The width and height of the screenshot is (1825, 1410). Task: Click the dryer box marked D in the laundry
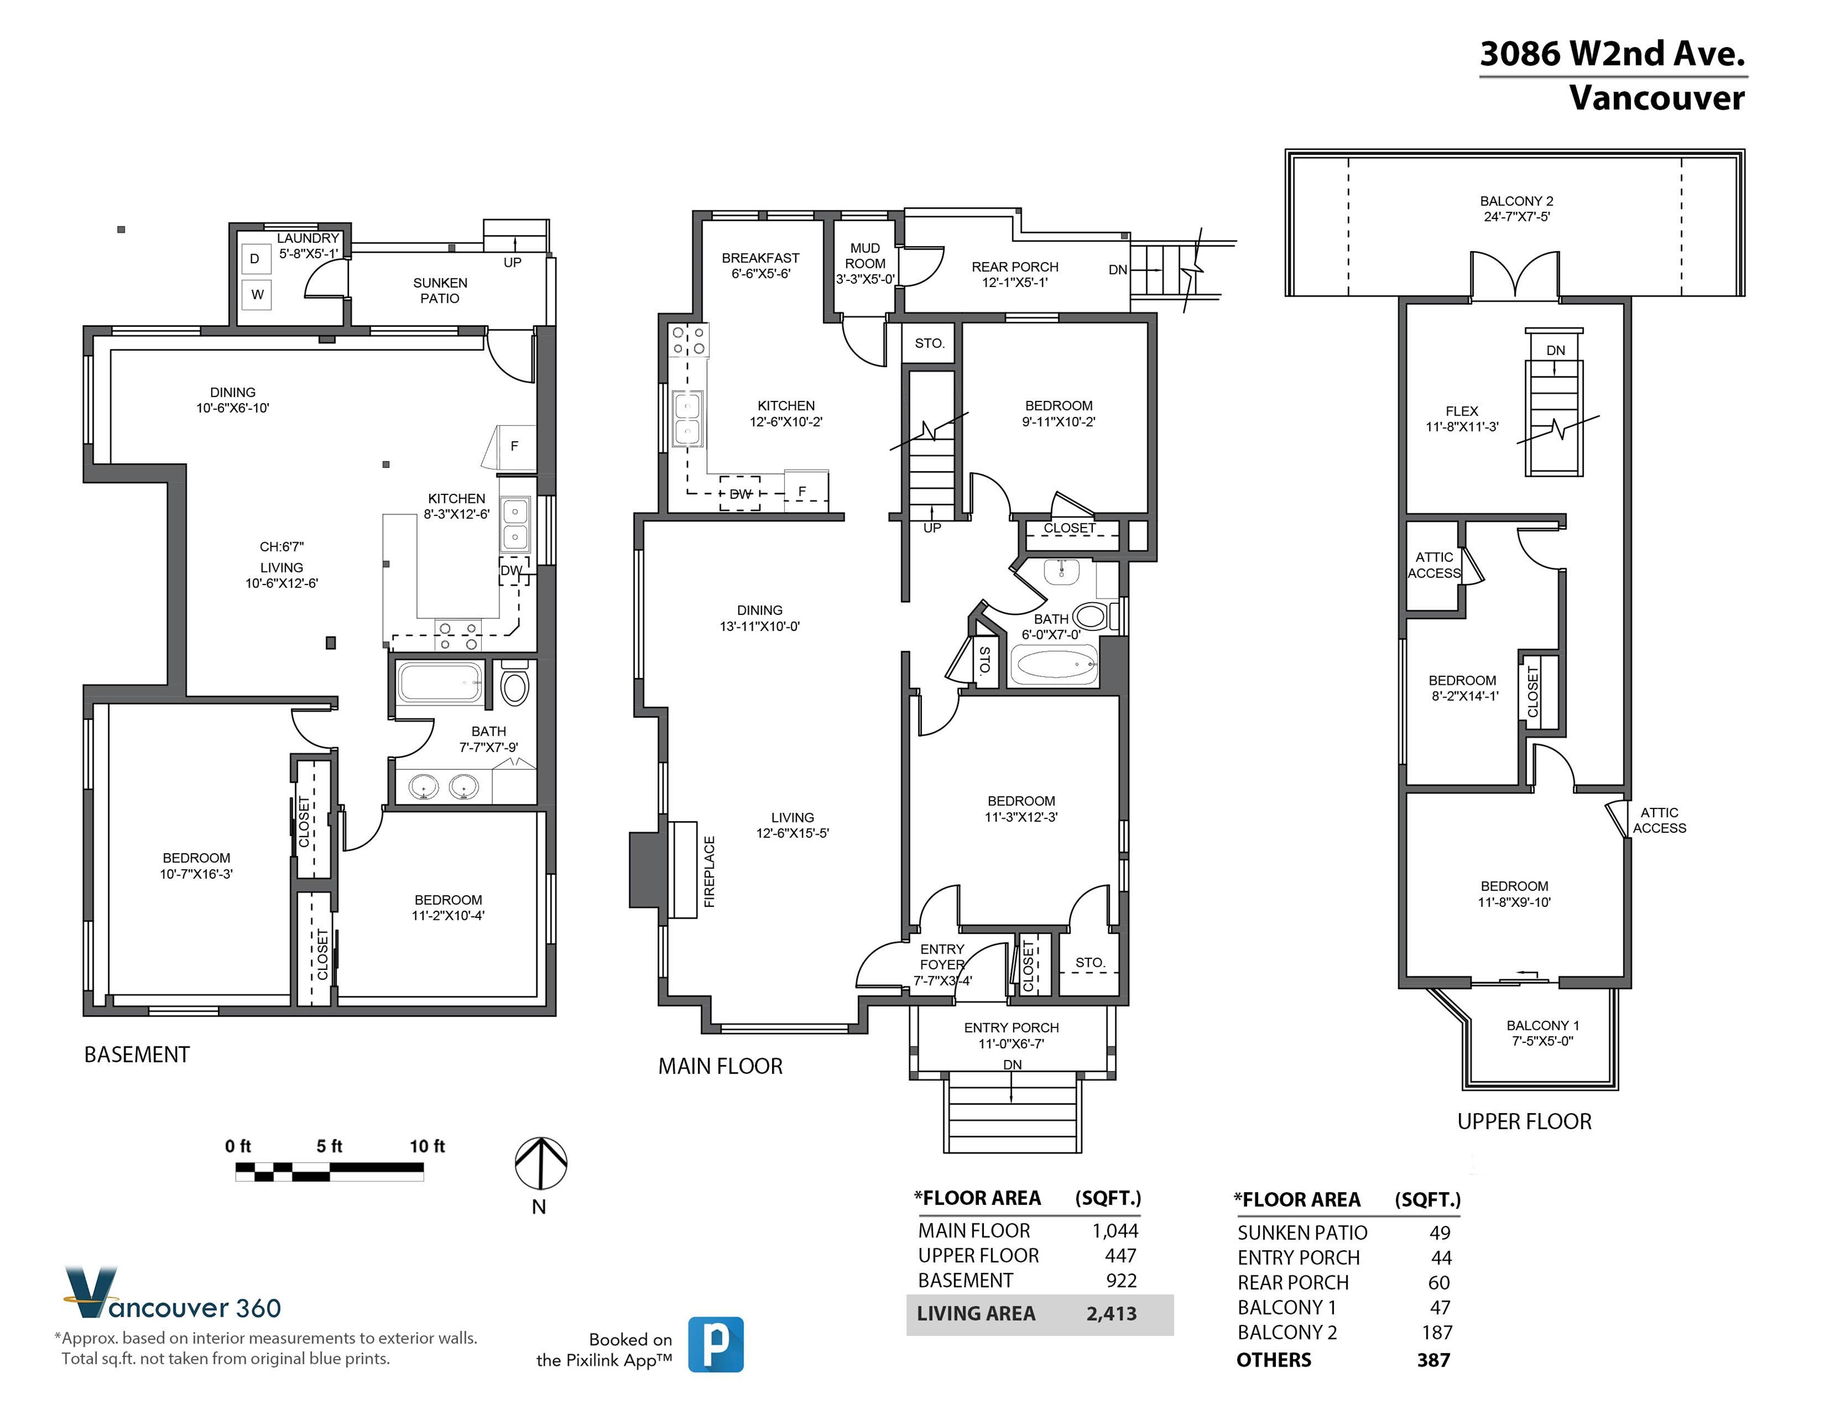coord(255,259)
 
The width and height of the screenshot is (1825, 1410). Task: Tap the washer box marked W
coord(257,294)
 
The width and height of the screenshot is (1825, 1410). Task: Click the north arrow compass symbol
coord(541,1163)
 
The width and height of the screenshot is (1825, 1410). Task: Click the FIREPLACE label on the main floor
coord(710,871)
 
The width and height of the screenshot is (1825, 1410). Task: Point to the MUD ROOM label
coord(865,256)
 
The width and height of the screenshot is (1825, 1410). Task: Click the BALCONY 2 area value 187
coord(1437,1332)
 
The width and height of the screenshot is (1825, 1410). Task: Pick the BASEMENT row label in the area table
coord(965,1280)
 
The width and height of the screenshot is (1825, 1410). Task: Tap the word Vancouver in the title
coord(1657,98)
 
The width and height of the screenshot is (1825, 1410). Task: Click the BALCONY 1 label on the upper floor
coord(1543,1025)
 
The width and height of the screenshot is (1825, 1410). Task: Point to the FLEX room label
coord(1461,411)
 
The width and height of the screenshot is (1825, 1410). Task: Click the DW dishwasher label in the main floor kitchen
coord(740,494)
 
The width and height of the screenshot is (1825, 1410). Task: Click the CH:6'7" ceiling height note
coord(282,547)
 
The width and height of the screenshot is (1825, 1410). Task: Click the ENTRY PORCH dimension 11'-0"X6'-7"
coord(1011,1043)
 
